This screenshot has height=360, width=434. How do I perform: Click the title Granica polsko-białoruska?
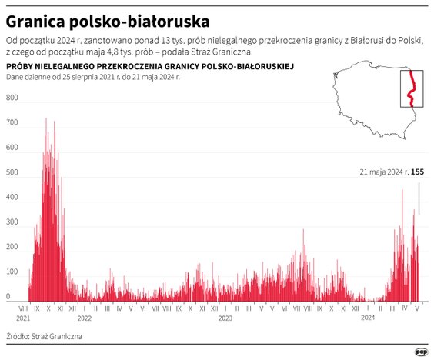click(x=107, y=18)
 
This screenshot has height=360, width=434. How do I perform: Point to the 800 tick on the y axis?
click(x=12, y=98)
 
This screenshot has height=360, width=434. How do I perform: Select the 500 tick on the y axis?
click(x=12, y=173)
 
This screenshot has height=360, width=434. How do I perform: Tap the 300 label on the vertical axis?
click(x=12, y=222)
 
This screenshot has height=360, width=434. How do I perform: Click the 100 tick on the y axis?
click(x=12, y=272)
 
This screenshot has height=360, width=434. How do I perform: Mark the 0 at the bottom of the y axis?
click(x=8, y=296)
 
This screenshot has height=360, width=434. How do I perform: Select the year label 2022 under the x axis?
click(x=84, y=317)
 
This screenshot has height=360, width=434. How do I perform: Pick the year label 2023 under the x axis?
click(x=225, y=317)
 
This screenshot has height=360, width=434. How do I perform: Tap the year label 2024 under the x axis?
click(x=368, y=317)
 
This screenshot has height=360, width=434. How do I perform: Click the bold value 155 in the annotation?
click(x=418, y=172)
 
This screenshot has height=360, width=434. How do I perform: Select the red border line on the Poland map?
click(x=412, y=89)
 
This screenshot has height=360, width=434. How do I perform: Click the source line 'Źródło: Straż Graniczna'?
click(x=44, y=337)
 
